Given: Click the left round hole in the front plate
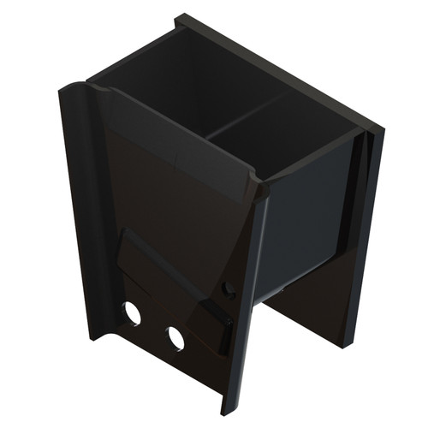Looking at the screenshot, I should [x=132, y=312].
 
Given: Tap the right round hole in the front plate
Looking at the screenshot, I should [x=175, y=338].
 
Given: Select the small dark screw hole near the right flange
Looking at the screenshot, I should [x=228, y=288].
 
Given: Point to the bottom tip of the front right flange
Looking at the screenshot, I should [x=228, y=409].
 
